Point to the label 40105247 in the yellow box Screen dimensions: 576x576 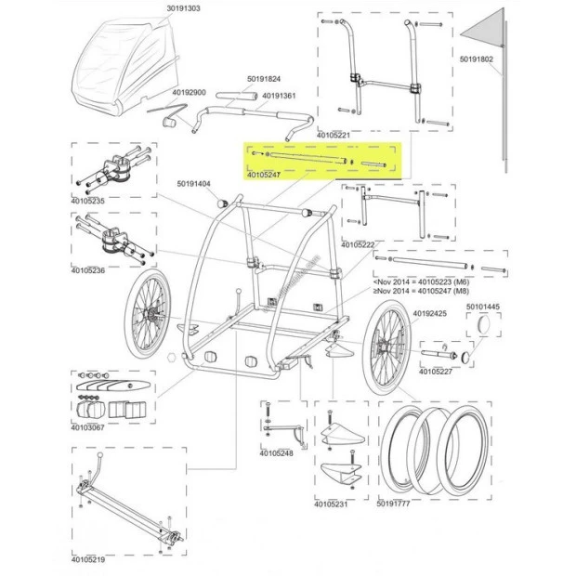click(x=267, y=175)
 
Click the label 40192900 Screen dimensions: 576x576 click(x=190, y=92)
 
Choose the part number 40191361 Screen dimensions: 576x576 click(x=280, y=95)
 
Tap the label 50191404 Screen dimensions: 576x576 click(x=195, y=183)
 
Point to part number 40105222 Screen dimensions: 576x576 click(x=358, y=244)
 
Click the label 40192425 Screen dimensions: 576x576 click(x=430, y=314)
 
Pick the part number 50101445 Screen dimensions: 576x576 click(x=482, y=307)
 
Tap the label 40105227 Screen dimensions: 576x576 click(x=437, y=371)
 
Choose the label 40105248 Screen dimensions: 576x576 click(x=277, y=453)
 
